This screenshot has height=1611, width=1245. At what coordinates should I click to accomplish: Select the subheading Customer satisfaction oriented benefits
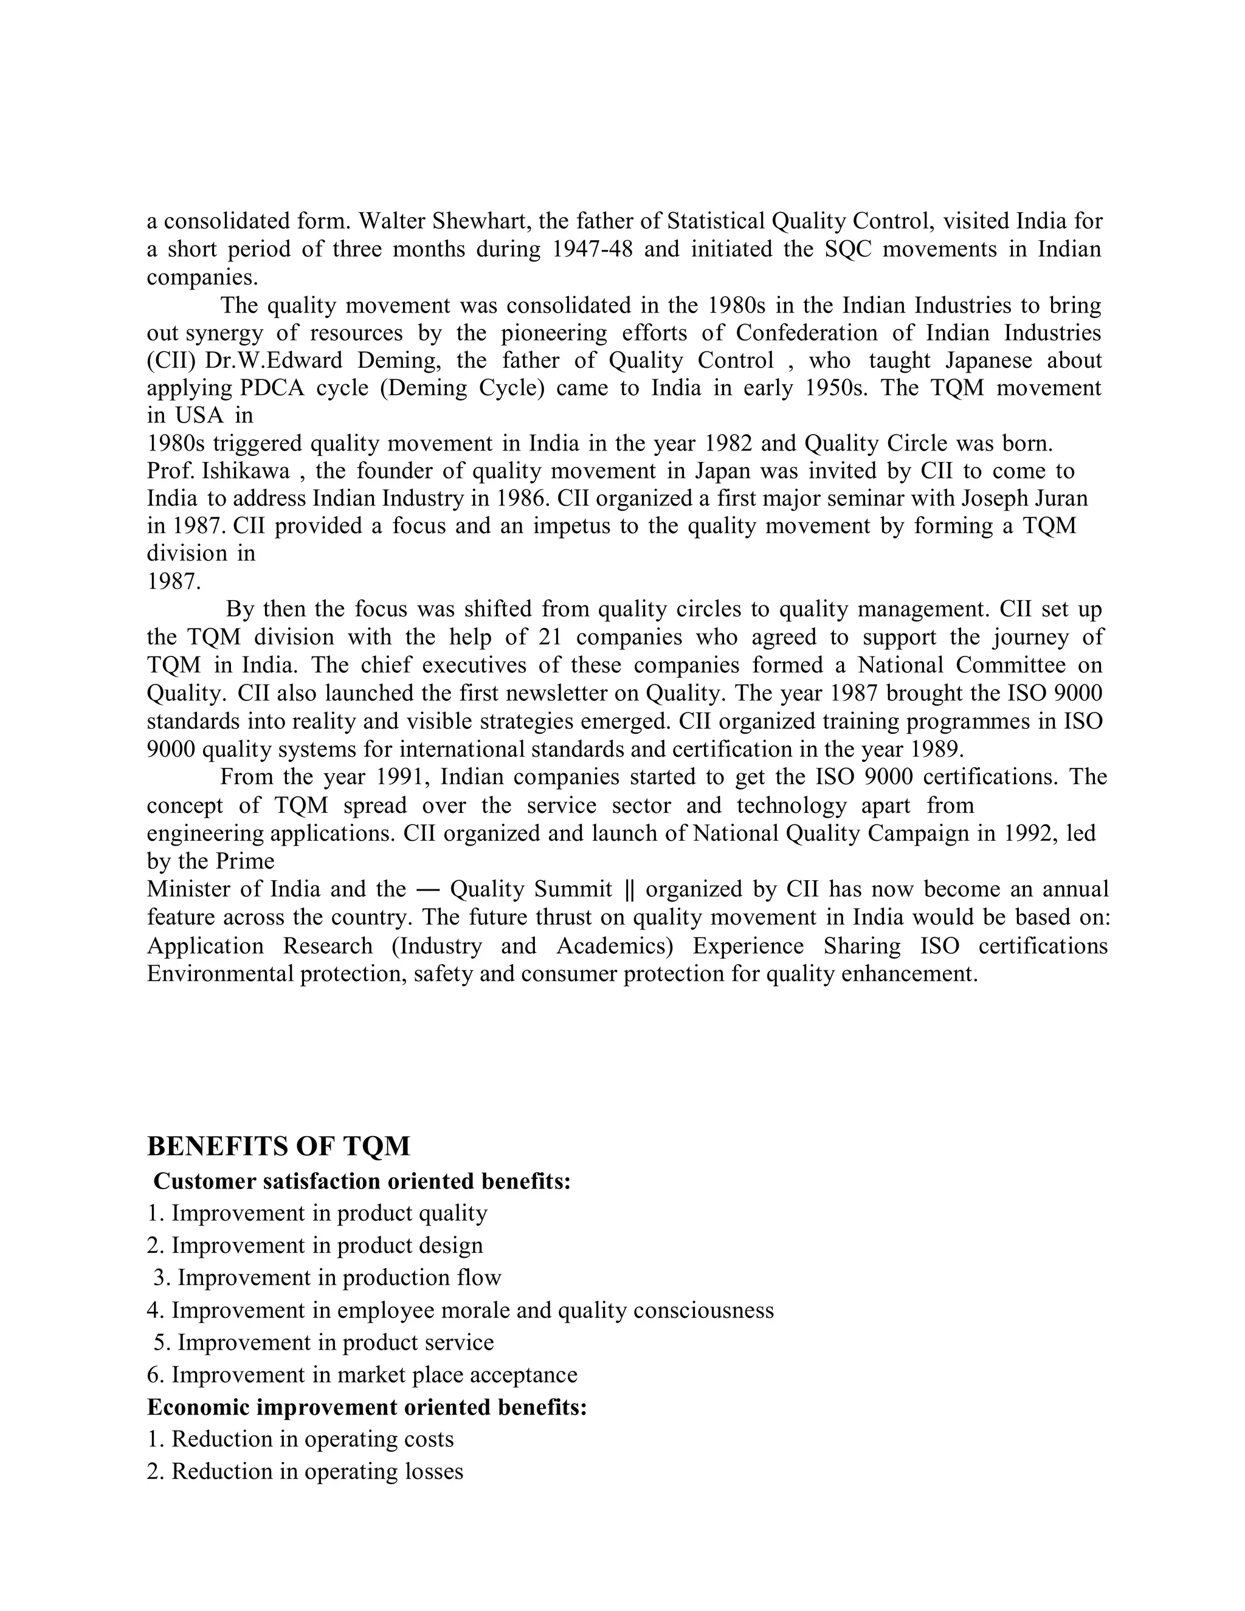pos(362,1182)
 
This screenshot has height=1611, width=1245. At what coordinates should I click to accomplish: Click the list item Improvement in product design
pos(315,1246)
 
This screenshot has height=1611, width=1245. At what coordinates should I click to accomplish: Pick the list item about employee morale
pos(460,1311)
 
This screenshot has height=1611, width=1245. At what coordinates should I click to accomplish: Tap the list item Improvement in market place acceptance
pos(362,1375)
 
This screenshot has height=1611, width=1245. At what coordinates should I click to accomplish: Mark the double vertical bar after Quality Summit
pos(629,889)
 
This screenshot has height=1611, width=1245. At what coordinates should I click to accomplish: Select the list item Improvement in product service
pos(324,1342)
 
